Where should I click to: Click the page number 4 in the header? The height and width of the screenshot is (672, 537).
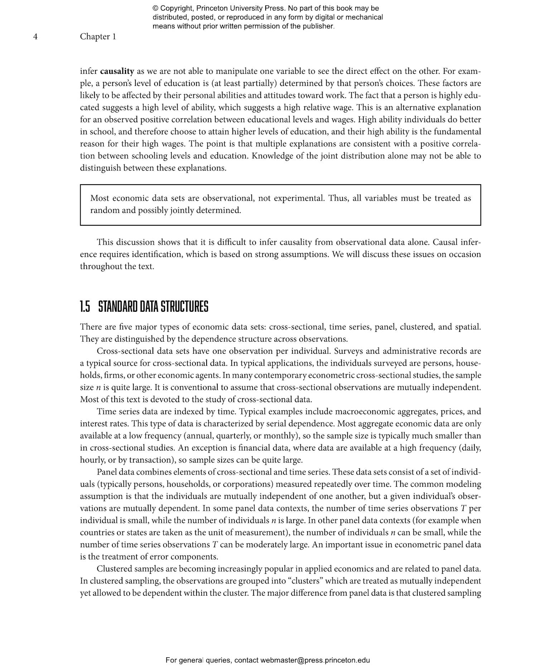coord(35,37)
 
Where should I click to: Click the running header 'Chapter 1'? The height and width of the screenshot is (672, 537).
coord(98,37)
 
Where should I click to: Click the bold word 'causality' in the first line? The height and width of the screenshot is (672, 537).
coord(117,71)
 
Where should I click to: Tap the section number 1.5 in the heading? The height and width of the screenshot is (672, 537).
coord(85,307)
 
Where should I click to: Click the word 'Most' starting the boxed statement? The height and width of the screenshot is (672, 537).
coord(100,198)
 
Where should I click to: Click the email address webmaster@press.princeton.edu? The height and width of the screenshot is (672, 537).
coord(315,660)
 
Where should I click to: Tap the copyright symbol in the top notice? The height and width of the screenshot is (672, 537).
coord(155,8)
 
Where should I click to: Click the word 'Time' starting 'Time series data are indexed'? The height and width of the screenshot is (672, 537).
coord(106,411)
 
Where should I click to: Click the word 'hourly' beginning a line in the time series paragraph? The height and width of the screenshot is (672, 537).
coord(91,460)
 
